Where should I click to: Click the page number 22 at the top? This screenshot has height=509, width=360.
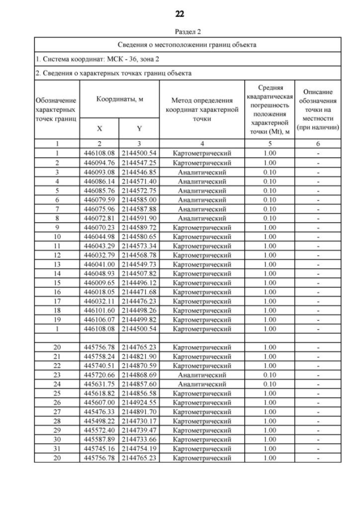coord(179,13)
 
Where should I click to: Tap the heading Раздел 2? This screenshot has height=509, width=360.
coord(179,32)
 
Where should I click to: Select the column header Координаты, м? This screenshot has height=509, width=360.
coord(120,99)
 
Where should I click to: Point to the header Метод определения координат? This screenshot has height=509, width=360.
coord(201,110)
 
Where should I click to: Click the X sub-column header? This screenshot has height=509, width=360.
coord(100,129)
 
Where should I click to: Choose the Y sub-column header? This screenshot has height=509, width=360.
coord(139,129)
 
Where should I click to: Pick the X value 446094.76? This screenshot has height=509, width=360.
coord(100,162)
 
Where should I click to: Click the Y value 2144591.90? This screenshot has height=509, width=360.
coord(139,218)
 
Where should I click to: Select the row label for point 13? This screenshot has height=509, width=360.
coord(57,264)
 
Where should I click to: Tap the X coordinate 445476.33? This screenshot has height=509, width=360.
coord(100,411)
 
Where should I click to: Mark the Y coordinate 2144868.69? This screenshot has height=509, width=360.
coord(139,374)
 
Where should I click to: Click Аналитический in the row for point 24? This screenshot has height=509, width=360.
coord(201,384)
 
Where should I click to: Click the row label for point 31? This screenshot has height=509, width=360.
coord(57,448)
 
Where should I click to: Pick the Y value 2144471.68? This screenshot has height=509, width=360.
coord(139,291)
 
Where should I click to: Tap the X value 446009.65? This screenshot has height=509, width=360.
coord(100,282)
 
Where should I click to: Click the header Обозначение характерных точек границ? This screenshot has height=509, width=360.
coord(57,110)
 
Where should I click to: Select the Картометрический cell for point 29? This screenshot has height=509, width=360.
coord(201,430)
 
